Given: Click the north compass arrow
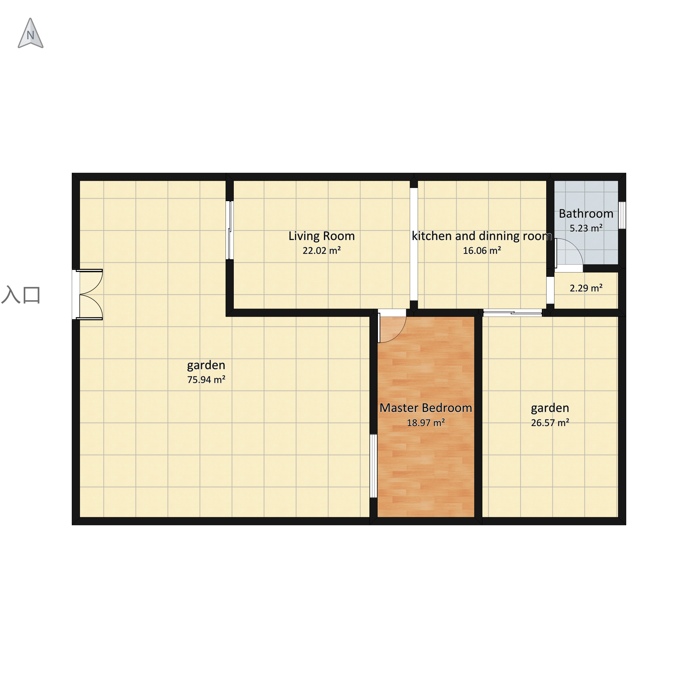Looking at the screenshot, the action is tap(31, 33).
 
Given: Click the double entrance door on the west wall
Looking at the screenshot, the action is tap(88, 294).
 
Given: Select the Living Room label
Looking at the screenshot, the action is tap(322, 236).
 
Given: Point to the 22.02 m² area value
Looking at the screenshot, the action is tap(322, 250).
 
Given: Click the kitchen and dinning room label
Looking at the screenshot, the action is tap(482, 236).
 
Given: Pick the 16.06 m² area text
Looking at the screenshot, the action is tap(482, 250).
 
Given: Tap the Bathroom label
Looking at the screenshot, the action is tap(586, 214).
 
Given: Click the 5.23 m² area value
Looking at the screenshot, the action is tap(586, 228).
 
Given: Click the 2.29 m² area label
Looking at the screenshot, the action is tap(586, 288).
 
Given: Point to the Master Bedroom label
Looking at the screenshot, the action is tap(426, 408).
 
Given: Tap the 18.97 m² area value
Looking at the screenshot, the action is tap(426, 422).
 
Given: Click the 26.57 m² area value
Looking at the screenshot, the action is tap(550, 422).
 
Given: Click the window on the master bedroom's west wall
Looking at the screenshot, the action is tap(374, 466).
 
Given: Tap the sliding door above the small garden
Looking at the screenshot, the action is tap(513, 313).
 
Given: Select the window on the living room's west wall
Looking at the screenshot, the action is tap(229, 230).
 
